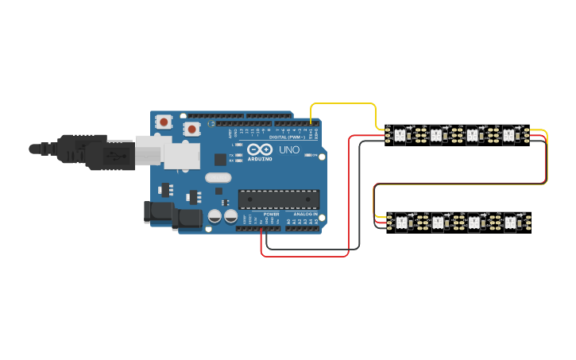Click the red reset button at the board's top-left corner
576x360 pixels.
tap(164, 122)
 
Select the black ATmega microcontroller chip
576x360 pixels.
tap(279, 200)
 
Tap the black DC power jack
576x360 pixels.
tap(159, 212)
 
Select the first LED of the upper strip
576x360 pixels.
tap(400, 136)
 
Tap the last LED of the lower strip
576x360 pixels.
tap(510, 223)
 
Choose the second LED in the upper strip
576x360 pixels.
tap(436, 136)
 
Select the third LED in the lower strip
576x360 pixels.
tap(474, 223)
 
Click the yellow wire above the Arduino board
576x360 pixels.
tap(343, 103)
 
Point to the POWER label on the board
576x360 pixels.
tap(271, 215)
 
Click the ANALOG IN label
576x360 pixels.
tap(305, 215)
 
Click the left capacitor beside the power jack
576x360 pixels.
tap(215, 216)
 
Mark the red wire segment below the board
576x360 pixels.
tap(305, 257)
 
